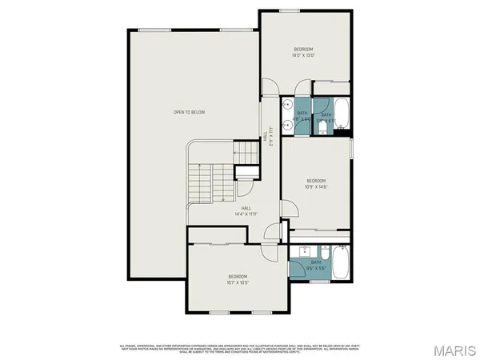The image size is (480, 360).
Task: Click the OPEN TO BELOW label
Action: (190, 112)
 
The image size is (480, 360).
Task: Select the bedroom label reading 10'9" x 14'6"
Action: (318, 186)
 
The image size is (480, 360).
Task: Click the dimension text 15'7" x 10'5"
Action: (238, 282)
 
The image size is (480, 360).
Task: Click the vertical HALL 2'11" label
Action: (270, 137)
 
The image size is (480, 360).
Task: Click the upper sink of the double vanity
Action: (286, 105)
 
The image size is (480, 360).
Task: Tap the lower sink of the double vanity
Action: (286, 125)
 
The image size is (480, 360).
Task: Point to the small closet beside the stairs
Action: (246, 170)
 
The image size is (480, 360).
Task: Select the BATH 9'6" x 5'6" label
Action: (316, 265)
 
